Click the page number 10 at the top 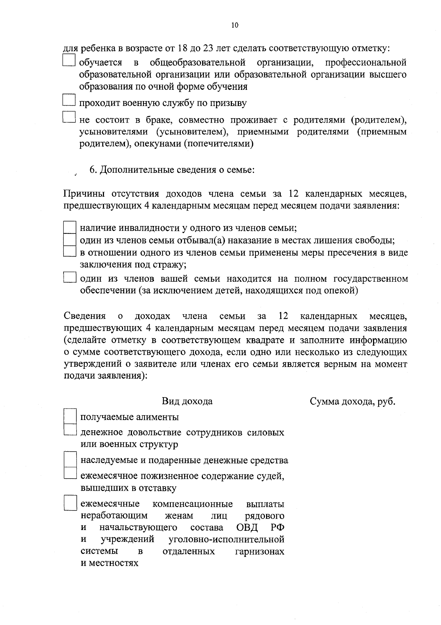coord(235,25)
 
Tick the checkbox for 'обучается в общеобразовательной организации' coord(69,61)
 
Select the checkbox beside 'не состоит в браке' coord(69,117)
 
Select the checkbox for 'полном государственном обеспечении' coord(69,277)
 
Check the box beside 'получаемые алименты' coord(69,416)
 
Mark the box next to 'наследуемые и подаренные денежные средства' coord(69,460)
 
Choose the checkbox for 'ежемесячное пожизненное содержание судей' coord(69,473)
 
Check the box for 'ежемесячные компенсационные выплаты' coord(69,503)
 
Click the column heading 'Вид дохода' coord(187,401)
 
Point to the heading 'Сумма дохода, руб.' coord(352,401)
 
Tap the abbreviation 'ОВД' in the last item coord(247,527)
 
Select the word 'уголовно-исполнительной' coord(226,540)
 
